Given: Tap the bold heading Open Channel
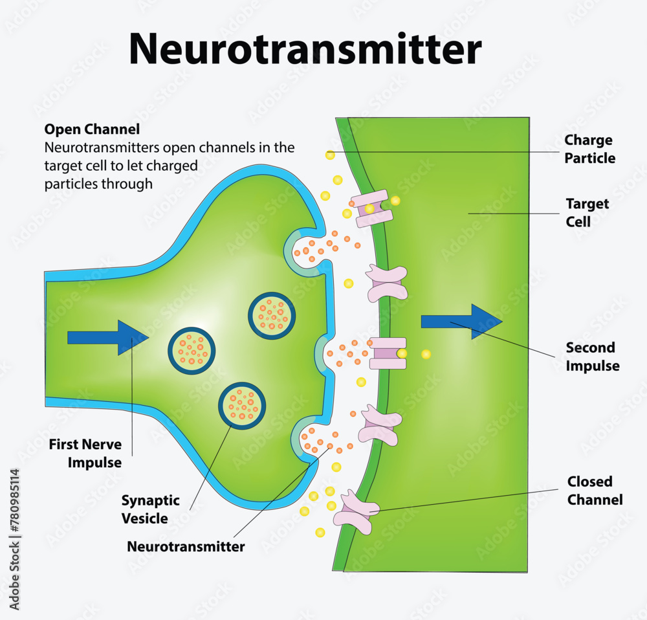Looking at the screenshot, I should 92,129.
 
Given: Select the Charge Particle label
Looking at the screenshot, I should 589,149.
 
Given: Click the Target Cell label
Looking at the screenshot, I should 587,212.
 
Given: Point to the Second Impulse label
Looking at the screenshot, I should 592,357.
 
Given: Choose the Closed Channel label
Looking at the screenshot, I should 595,491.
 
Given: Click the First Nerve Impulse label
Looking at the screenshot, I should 85,454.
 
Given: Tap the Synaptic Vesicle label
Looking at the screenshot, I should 150,509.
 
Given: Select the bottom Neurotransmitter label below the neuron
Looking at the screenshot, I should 186,546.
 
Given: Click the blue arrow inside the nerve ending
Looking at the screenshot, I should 107,337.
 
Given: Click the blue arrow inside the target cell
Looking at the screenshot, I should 461,322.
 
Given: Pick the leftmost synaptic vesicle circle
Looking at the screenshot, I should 192,351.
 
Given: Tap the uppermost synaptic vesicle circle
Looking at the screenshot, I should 272,315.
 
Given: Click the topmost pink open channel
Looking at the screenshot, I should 371,208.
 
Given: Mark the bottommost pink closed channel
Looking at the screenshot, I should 354,512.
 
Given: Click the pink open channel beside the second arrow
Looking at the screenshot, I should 387,353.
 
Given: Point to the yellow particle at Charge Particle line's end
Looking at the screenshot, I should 330,155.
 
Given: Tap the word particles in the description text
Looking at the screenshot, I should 72,184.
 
